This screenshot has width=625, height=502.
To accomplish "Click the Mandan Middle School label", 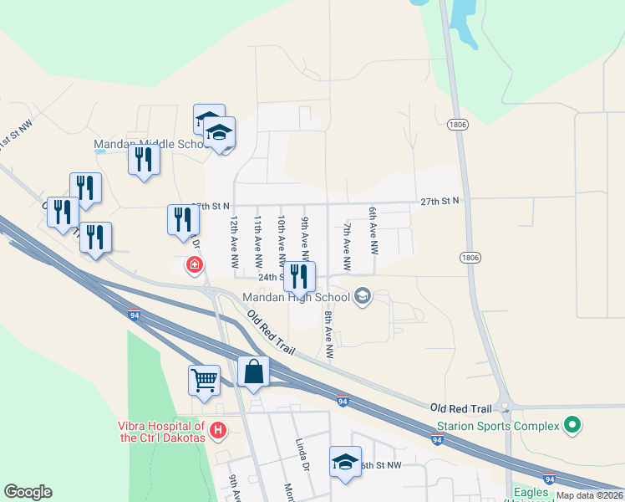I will (150, 144).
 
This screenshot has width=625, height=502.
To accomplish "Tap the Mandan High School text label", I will (296, 296).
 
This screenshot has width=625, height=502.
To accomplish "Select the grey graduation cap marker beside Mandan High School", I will (363, 295).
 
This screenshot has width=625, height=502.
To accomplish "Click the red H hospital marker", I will (218, 431).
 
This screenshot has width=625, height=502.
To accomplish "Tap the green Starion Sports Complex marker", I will (572, 426).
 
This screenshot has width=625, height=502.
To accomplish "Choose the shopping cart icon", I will (205, 381).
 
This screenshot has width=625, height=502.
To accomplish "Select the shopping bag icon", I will (254, 372).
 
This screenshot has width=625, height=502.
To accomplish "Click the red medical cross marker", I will (194, 265).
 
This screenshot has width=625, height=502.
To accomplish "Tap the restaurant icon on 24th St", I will (299, 277).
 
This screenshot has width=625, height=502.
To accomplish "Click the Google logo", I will (28, 492).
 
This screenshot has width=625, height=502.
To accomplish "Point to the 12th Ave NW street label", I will (235, 243).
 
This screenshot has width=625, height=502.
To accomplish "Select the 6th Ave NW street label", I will (374, 232).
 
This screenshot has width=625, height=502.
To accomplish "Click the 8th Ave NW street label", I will (329, 336).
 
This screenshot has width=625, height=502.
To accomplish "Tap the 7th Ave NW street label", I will (347, 247).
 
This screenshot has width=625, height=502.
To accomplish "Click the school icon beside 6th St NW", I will (345, 463).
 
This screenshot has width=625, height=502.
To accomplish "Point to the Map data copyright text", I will (590, 495).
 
